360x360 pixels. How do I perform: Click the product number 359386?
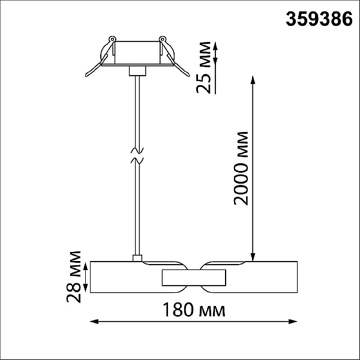click(x=319, y=19)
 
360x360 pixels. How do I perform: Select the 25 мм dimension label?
click(x=203, y=67)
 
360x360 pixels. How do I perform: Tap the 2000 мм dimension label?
click(x=241, y=168)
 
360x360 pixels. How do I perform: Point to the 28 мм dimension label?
click(x=74, y=277)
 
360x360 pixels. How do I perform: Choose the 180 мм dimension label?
click(x=194, y=310)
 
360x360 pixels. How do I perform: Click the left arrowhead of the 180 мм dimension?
click(x=94, y=322)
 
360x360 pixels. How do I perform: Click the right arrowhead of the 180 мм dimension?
click(x=293, y=322)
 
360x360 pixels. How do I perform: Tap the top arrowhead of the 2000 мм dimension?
click(x=253, y=80)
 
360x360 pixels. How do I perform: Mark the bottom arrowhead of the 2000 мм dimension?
click(x=253, y=257)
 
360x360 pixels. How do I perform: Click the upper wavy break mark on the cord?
click(x=137, y=151)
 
